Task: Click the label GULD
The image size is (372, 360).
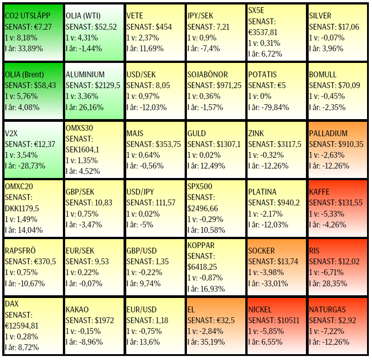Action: pyautogui.click(x=197, y=133)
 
